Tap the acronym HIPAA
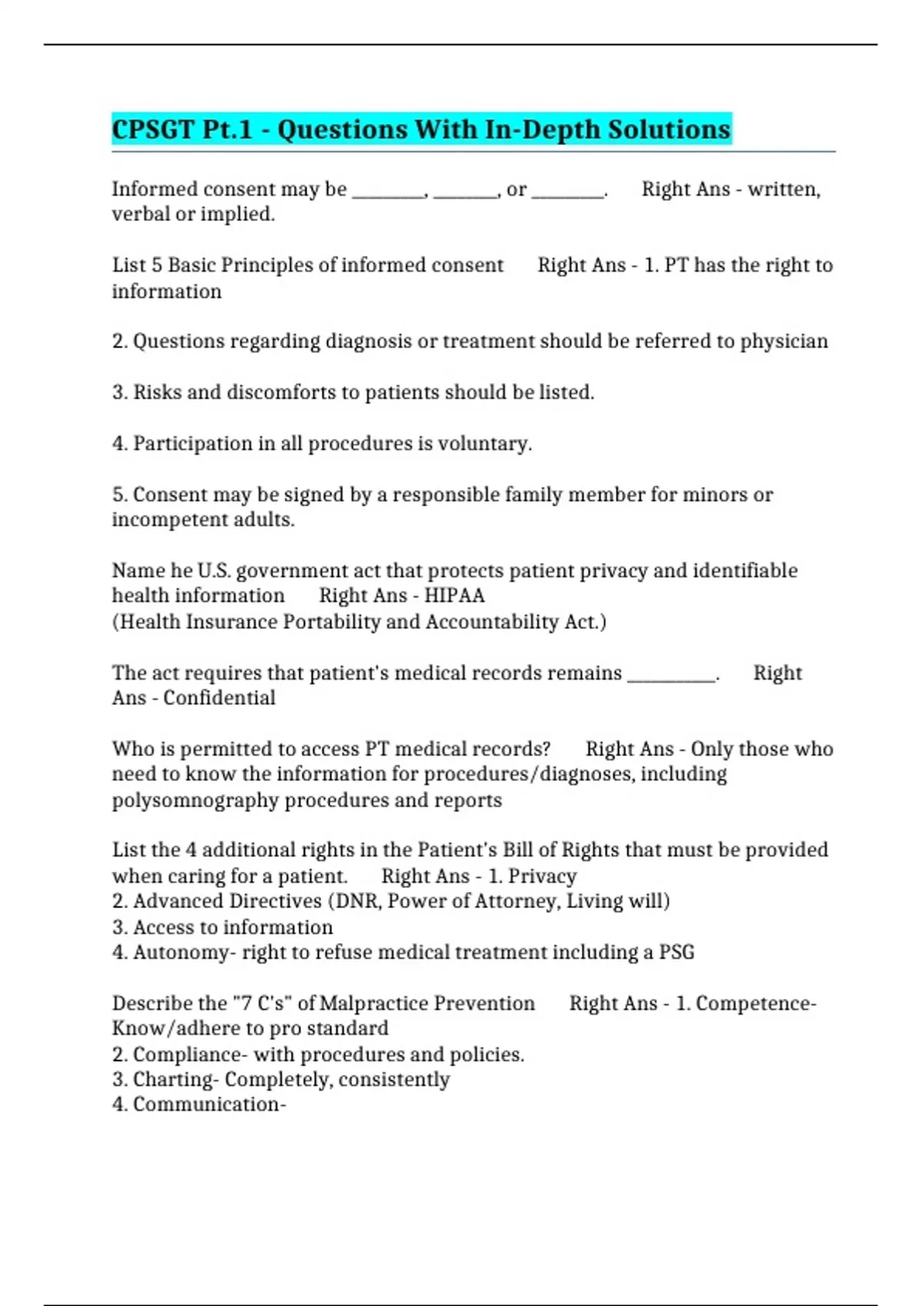454,595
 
